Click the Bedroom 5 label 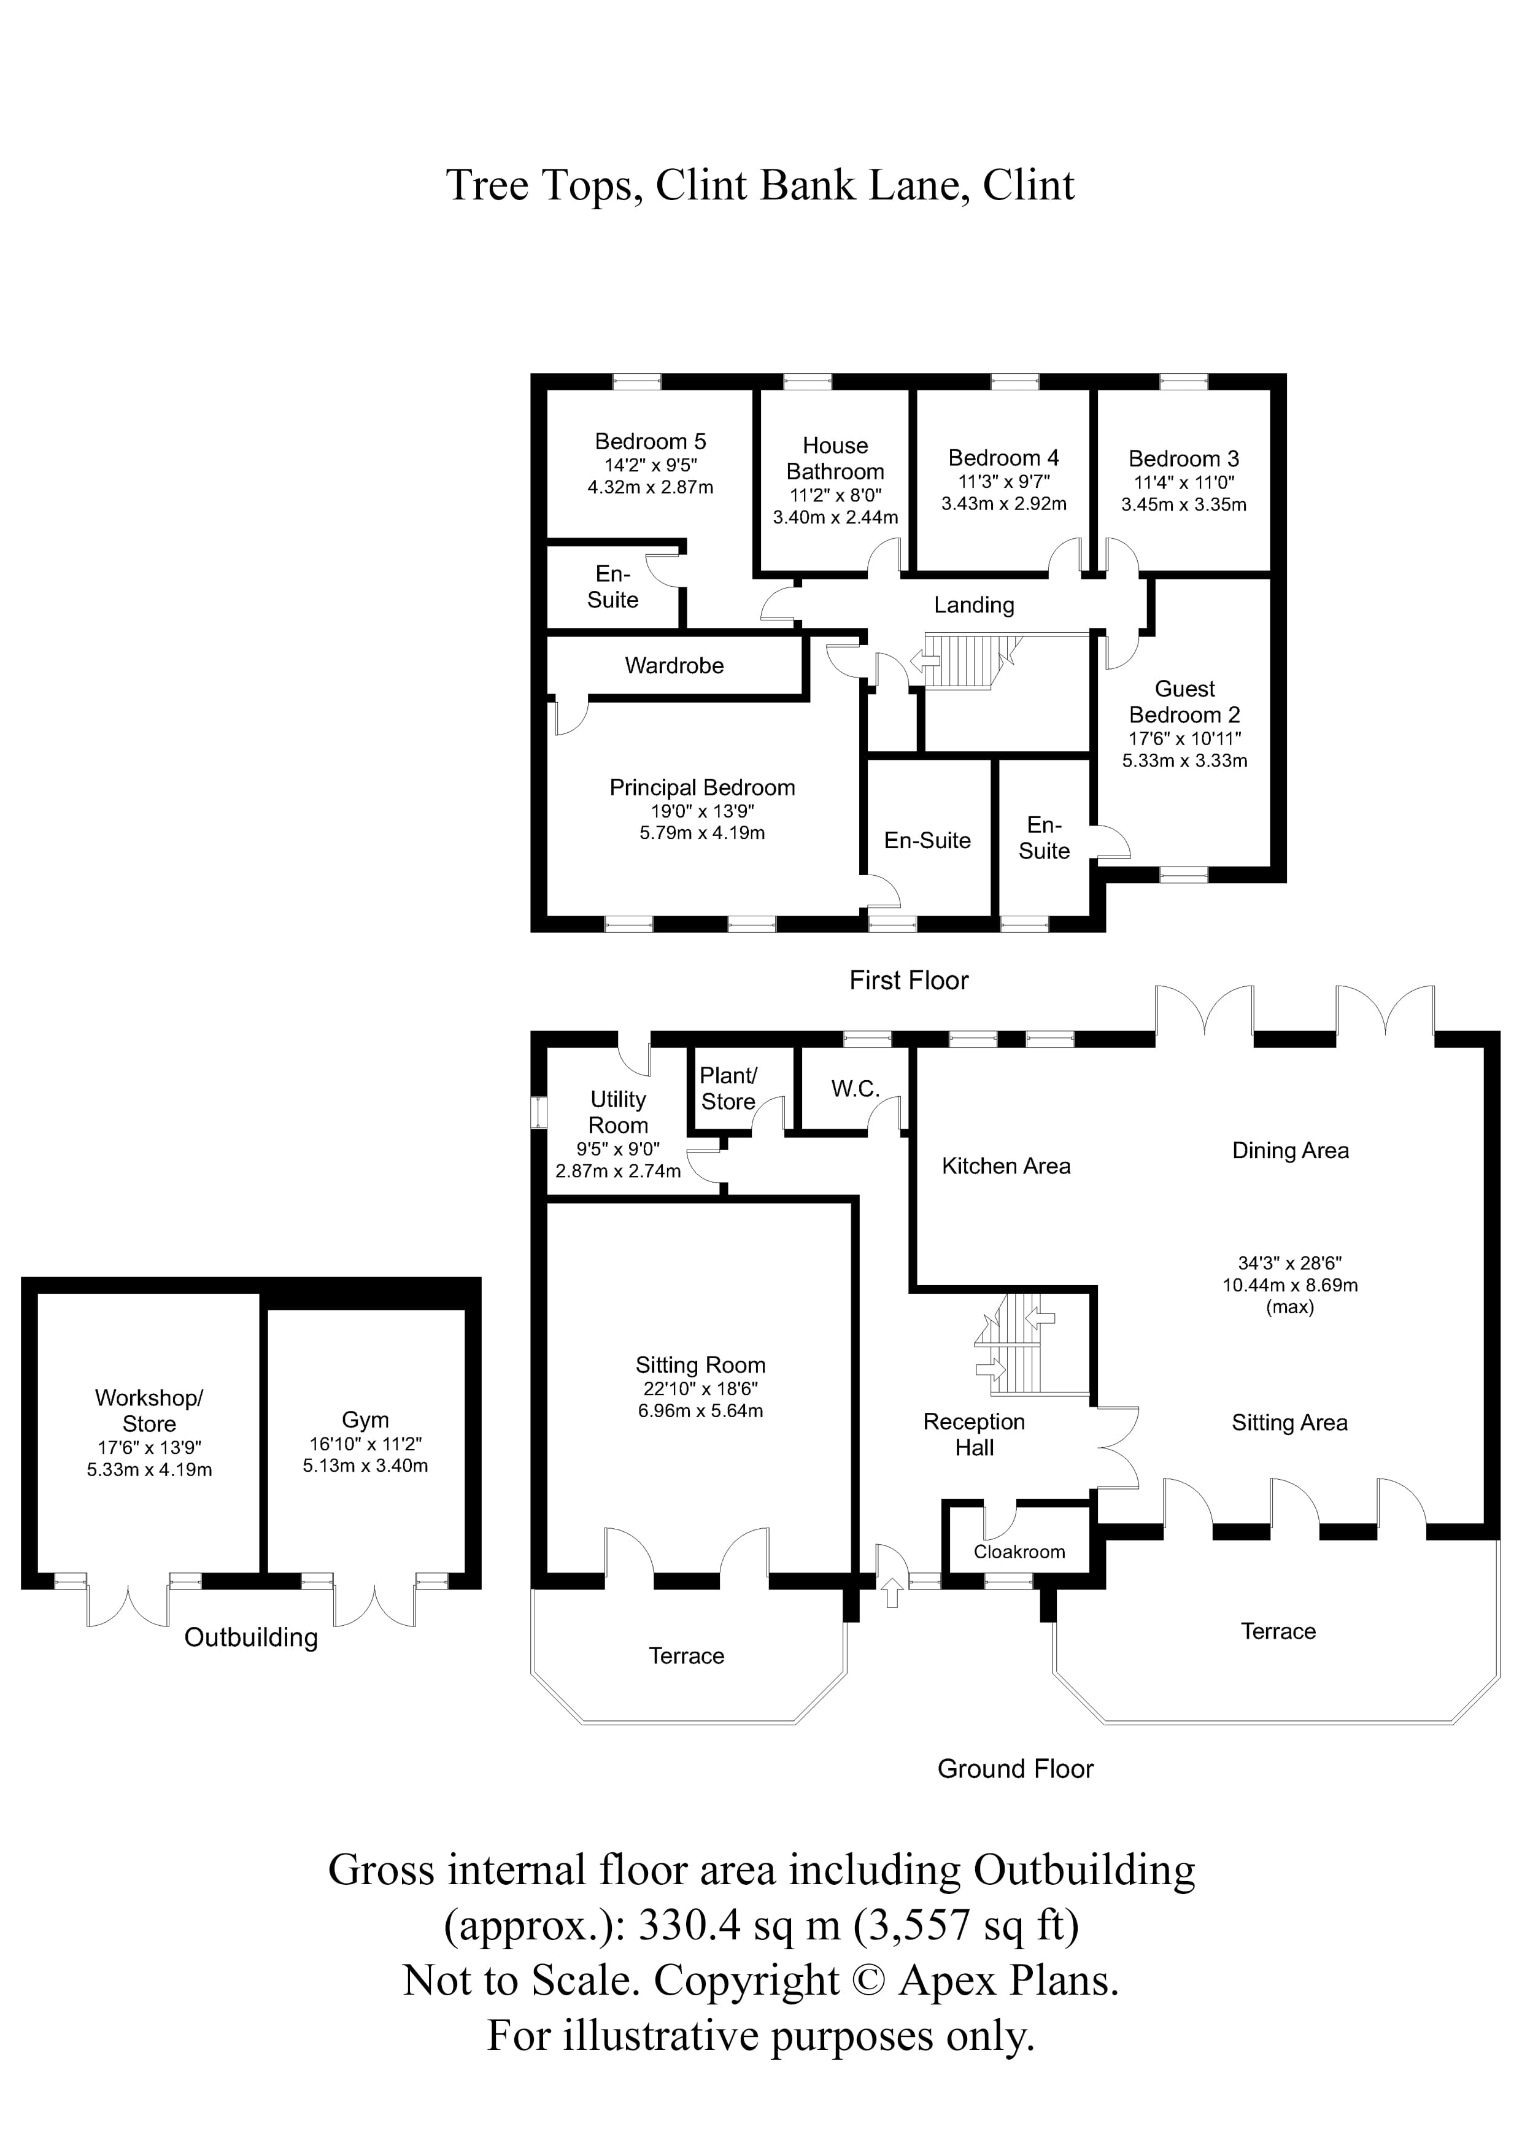click(650, 442)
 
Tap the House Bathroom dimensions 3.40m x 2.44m click(835, 517)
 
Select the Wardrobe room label click(674, 666)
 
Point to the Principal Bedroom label click(701, 787)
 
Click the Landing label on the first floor click(973, 606)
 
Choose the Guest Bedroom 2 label click(1184, 702)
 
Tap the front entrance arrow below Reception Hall click(891, 1592)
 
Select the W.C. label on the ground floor click(854, 1089)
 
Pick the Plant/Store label click(728, 1089)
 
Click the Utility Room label click(618, 1112)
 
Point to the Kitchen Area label click(1005, 1167)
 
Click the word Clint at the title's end click(1028, 186)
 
